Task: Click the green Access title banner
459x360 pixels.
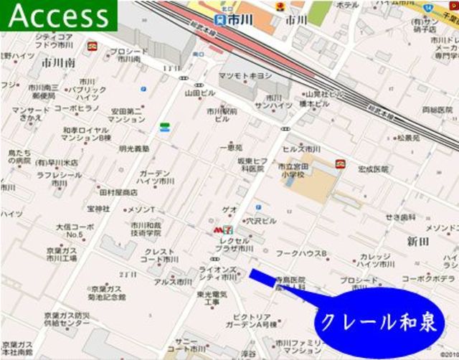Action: [x=57, y=16]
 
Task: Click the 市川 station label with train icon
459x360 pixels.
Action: [x=230, y=20]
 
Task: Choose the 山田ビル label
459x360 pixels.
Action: [x=201, y=93]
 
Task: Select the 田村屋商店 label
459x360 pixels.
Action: [x=118, y=192]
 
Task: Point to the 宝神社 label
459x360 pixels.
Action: [x=98, y=209]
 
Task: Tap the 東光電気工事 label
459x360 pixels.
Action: [x=214, y=298]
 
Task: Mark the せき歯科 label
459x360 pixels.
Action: [x=400, y=217]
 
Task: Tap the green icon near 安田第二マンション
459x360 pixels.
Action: [x=164, y=128]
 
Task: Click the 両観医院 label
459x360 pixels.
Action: [x=437, y=110]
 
